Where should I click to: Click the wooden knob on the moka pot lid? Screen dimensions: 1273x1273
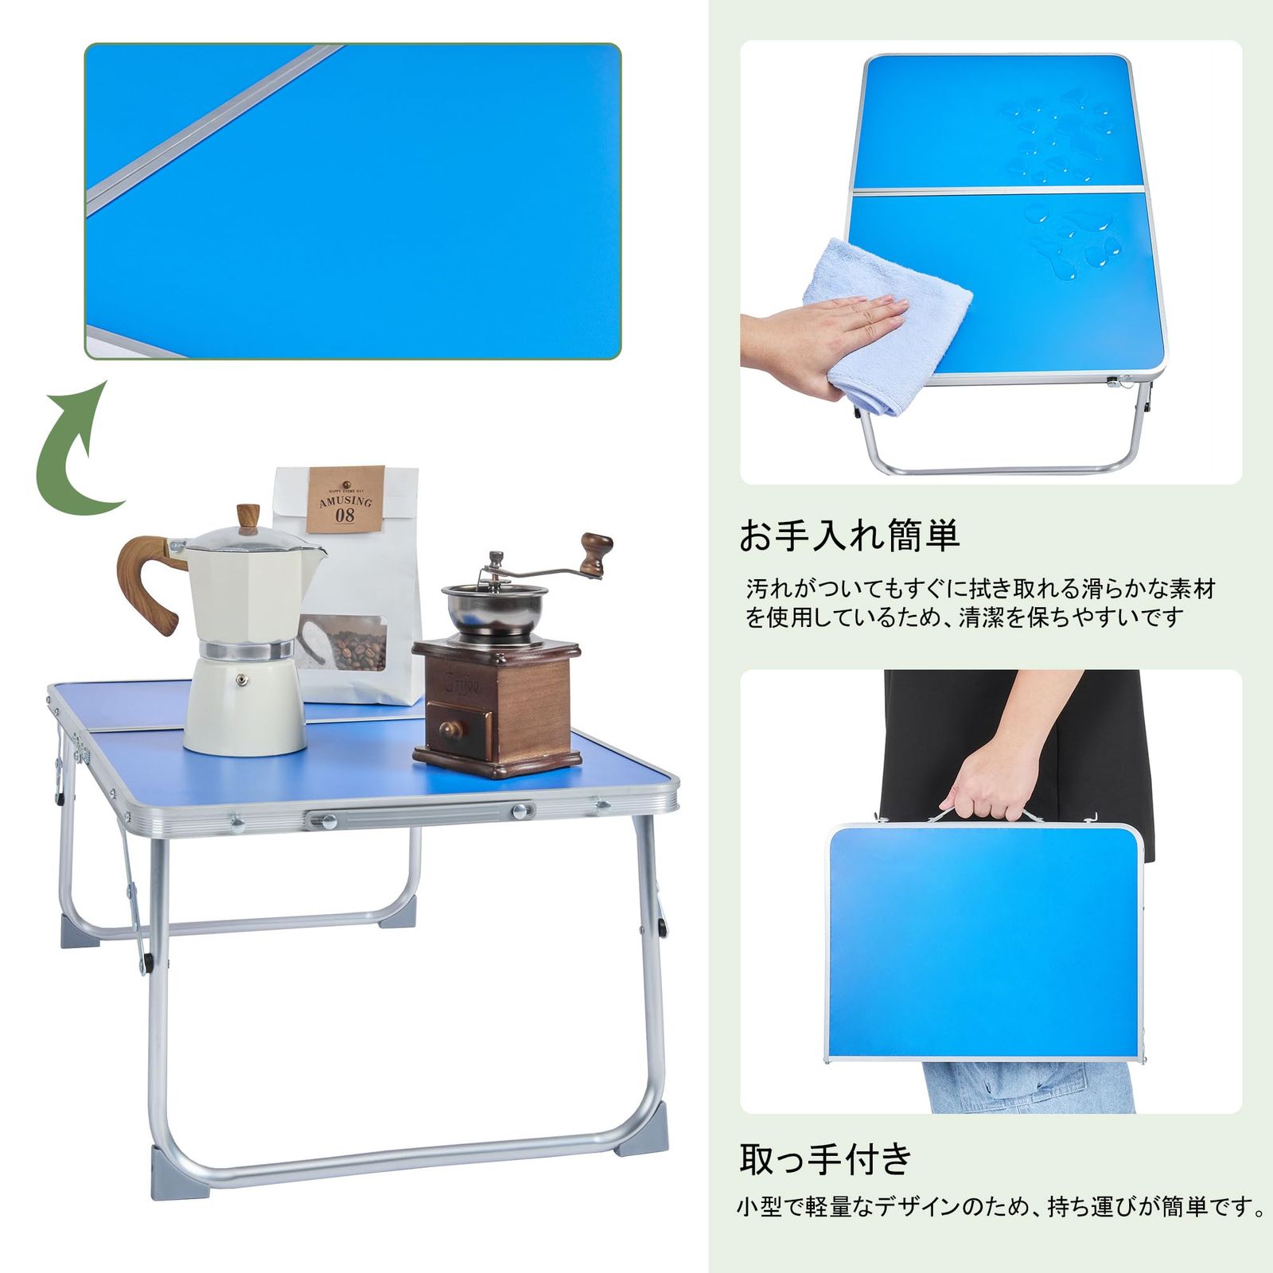247,517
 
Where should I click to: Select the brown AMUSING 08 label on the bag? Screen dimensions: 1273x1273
345,499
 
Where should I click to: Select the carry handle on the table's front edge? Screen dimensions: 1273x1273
418,815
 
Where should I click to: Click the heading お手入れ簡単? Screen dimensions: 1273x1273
850,535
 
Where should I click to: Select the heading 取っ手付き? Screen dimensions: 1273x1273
826,1159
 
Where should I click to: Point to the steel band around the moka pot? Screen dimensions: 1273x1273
246,651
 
